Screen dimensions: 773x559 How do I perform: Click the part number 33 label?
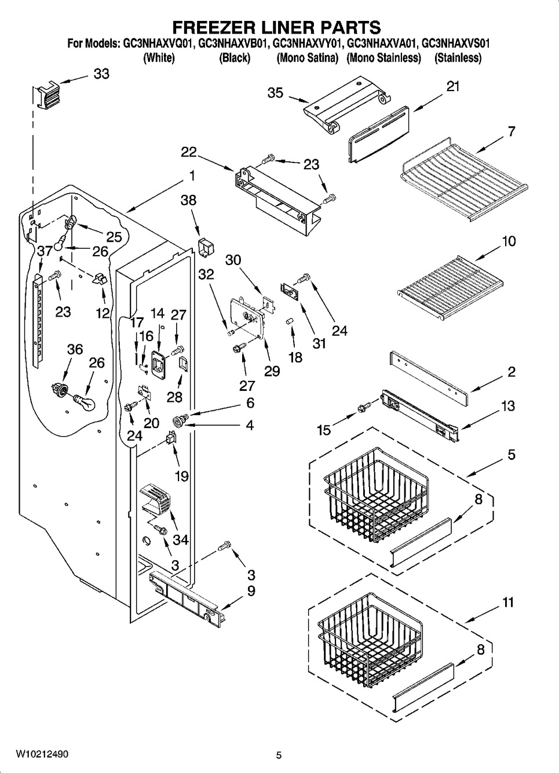pos(101,74)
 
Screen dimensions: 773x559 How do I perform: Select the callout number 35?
pos(275,92)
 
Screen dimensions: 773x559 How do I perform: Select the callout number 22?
pos(188,152)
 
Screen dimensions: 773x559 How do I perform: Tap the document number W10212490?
pos(42,754)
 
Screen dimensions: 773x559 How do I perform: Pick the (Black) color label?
pos(234,57)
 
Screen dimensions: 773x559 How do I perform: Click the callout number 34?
pos(181,540)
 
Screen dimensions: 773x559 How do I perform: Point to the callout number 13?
pos(507,406)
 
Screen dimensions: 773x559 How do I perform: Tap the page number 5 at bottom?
pos(279,755)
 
